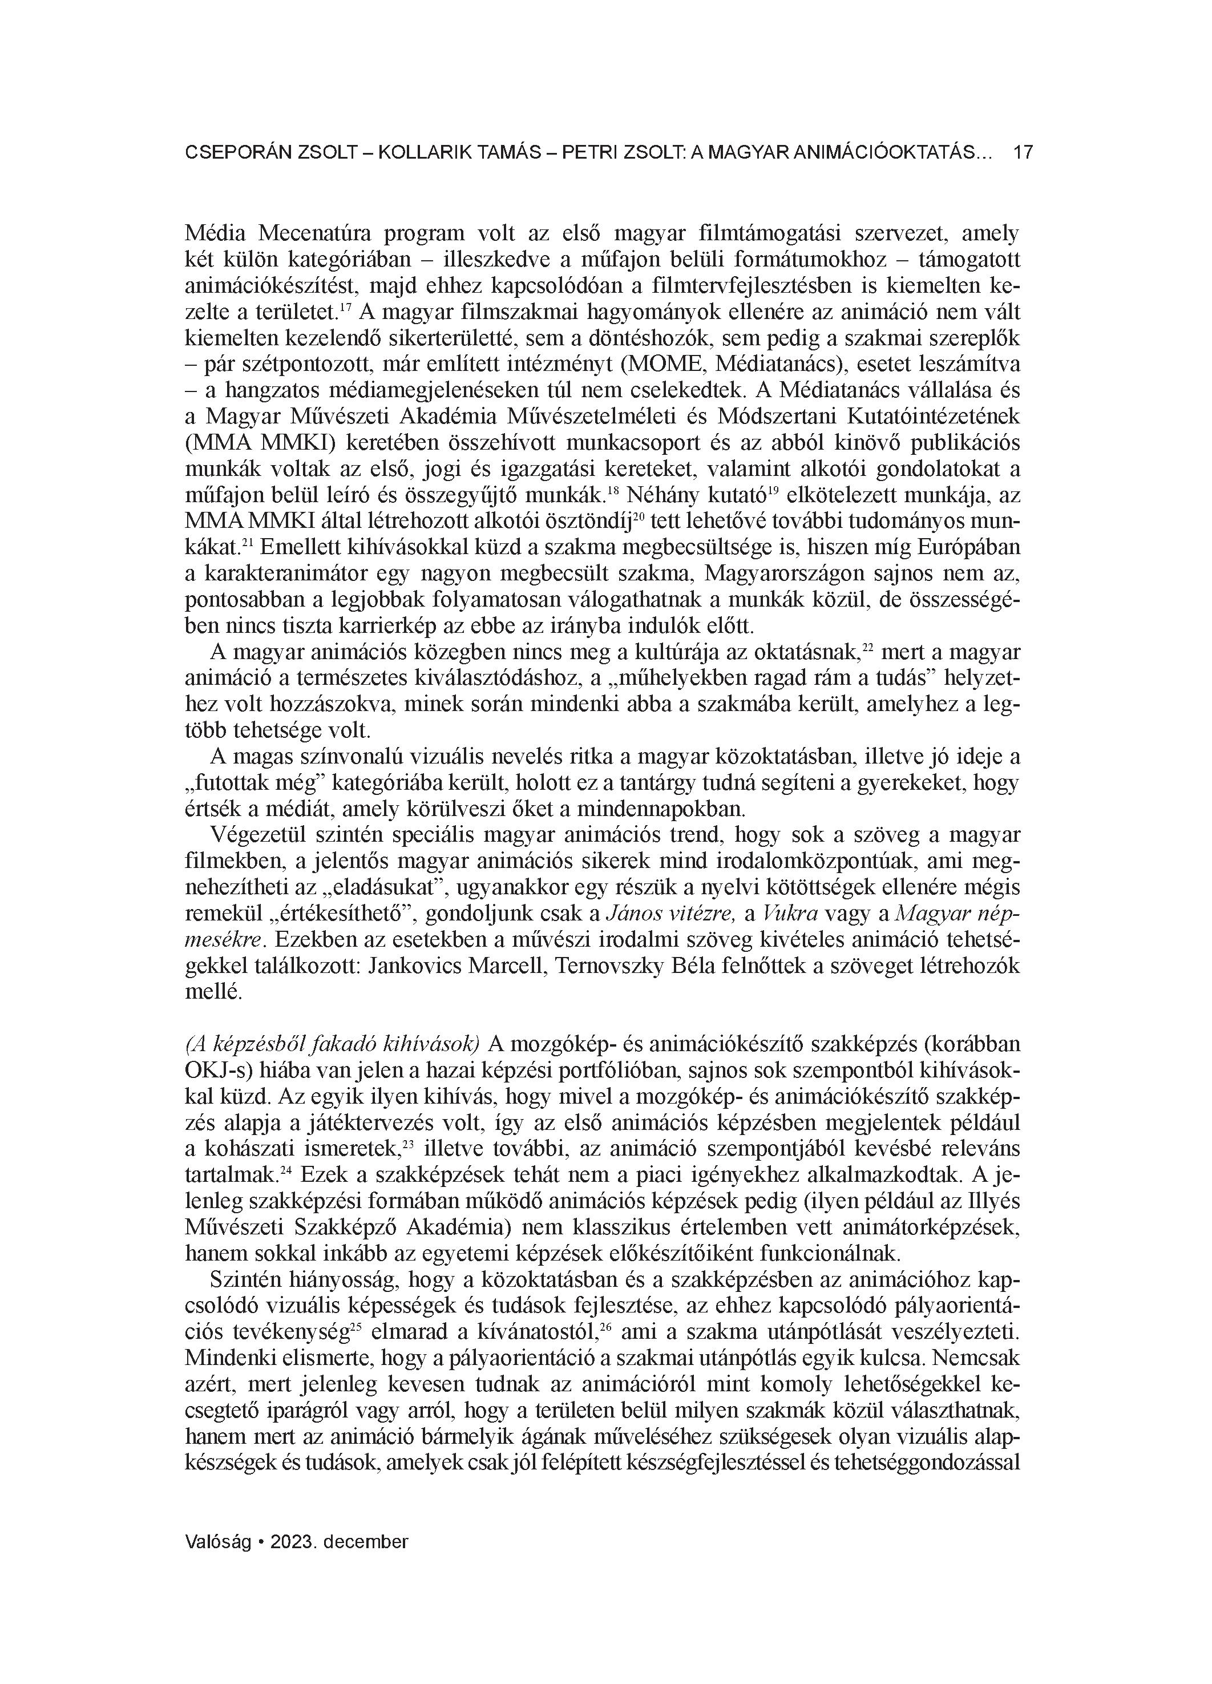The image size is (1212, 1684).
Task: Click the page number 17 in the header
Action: coord(1023,153)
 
